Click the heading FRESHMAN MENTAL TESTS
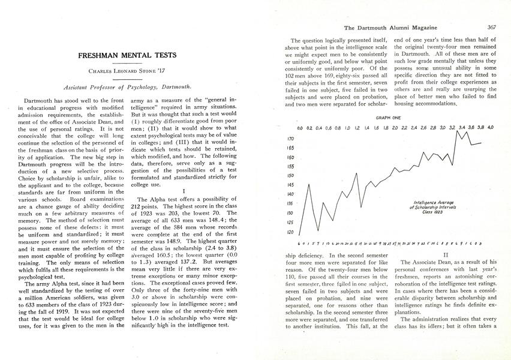click(x=127, y=56)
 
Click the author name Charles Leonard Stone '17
click(x=127, y=71)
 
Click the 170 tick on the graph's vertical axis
click(x=290, y=137)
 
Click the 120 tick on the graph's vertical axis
click(x=290, y=232)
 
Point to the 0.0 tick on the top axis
click(x=300, y=128)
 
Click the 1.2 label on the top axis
click(x=357, y=128)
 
